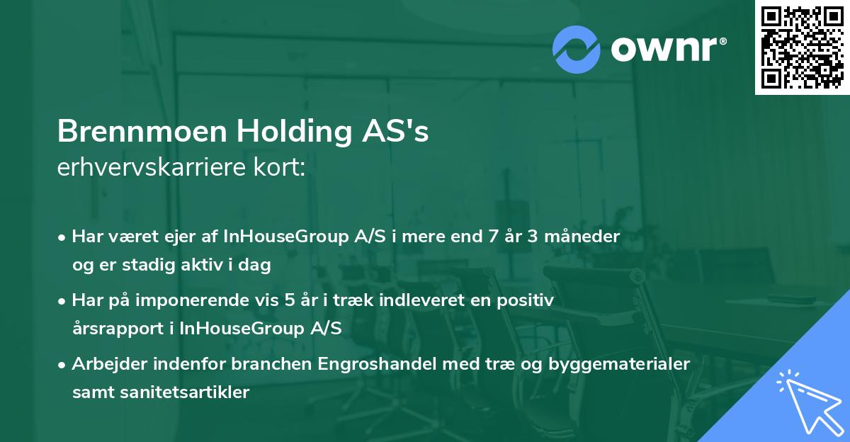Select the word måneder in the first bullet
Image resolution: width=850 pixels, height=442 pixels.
pos(589,237)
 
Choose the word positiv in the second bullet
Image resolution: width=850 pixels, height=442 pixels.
pos(528,300)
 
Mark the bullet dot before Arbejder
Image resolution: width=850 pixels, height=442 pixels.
pos(62,364)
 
